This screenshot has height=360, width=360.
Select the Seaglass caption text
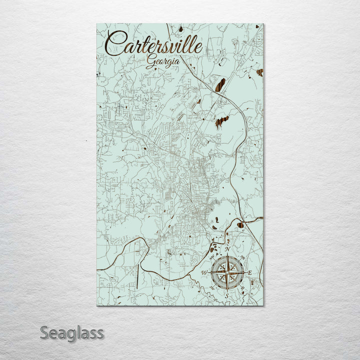point(72,332)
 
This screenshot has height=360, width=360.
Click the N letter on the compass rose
point(227,249)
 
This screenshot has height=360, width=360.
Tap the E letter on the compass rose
point(249,273)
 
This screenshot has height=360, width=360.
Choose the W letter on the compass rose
point(204,272)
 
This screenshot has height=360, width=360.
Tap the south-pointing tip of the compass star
point(227,291)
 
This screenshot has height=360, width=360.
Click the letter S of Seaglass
point(44,332)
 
